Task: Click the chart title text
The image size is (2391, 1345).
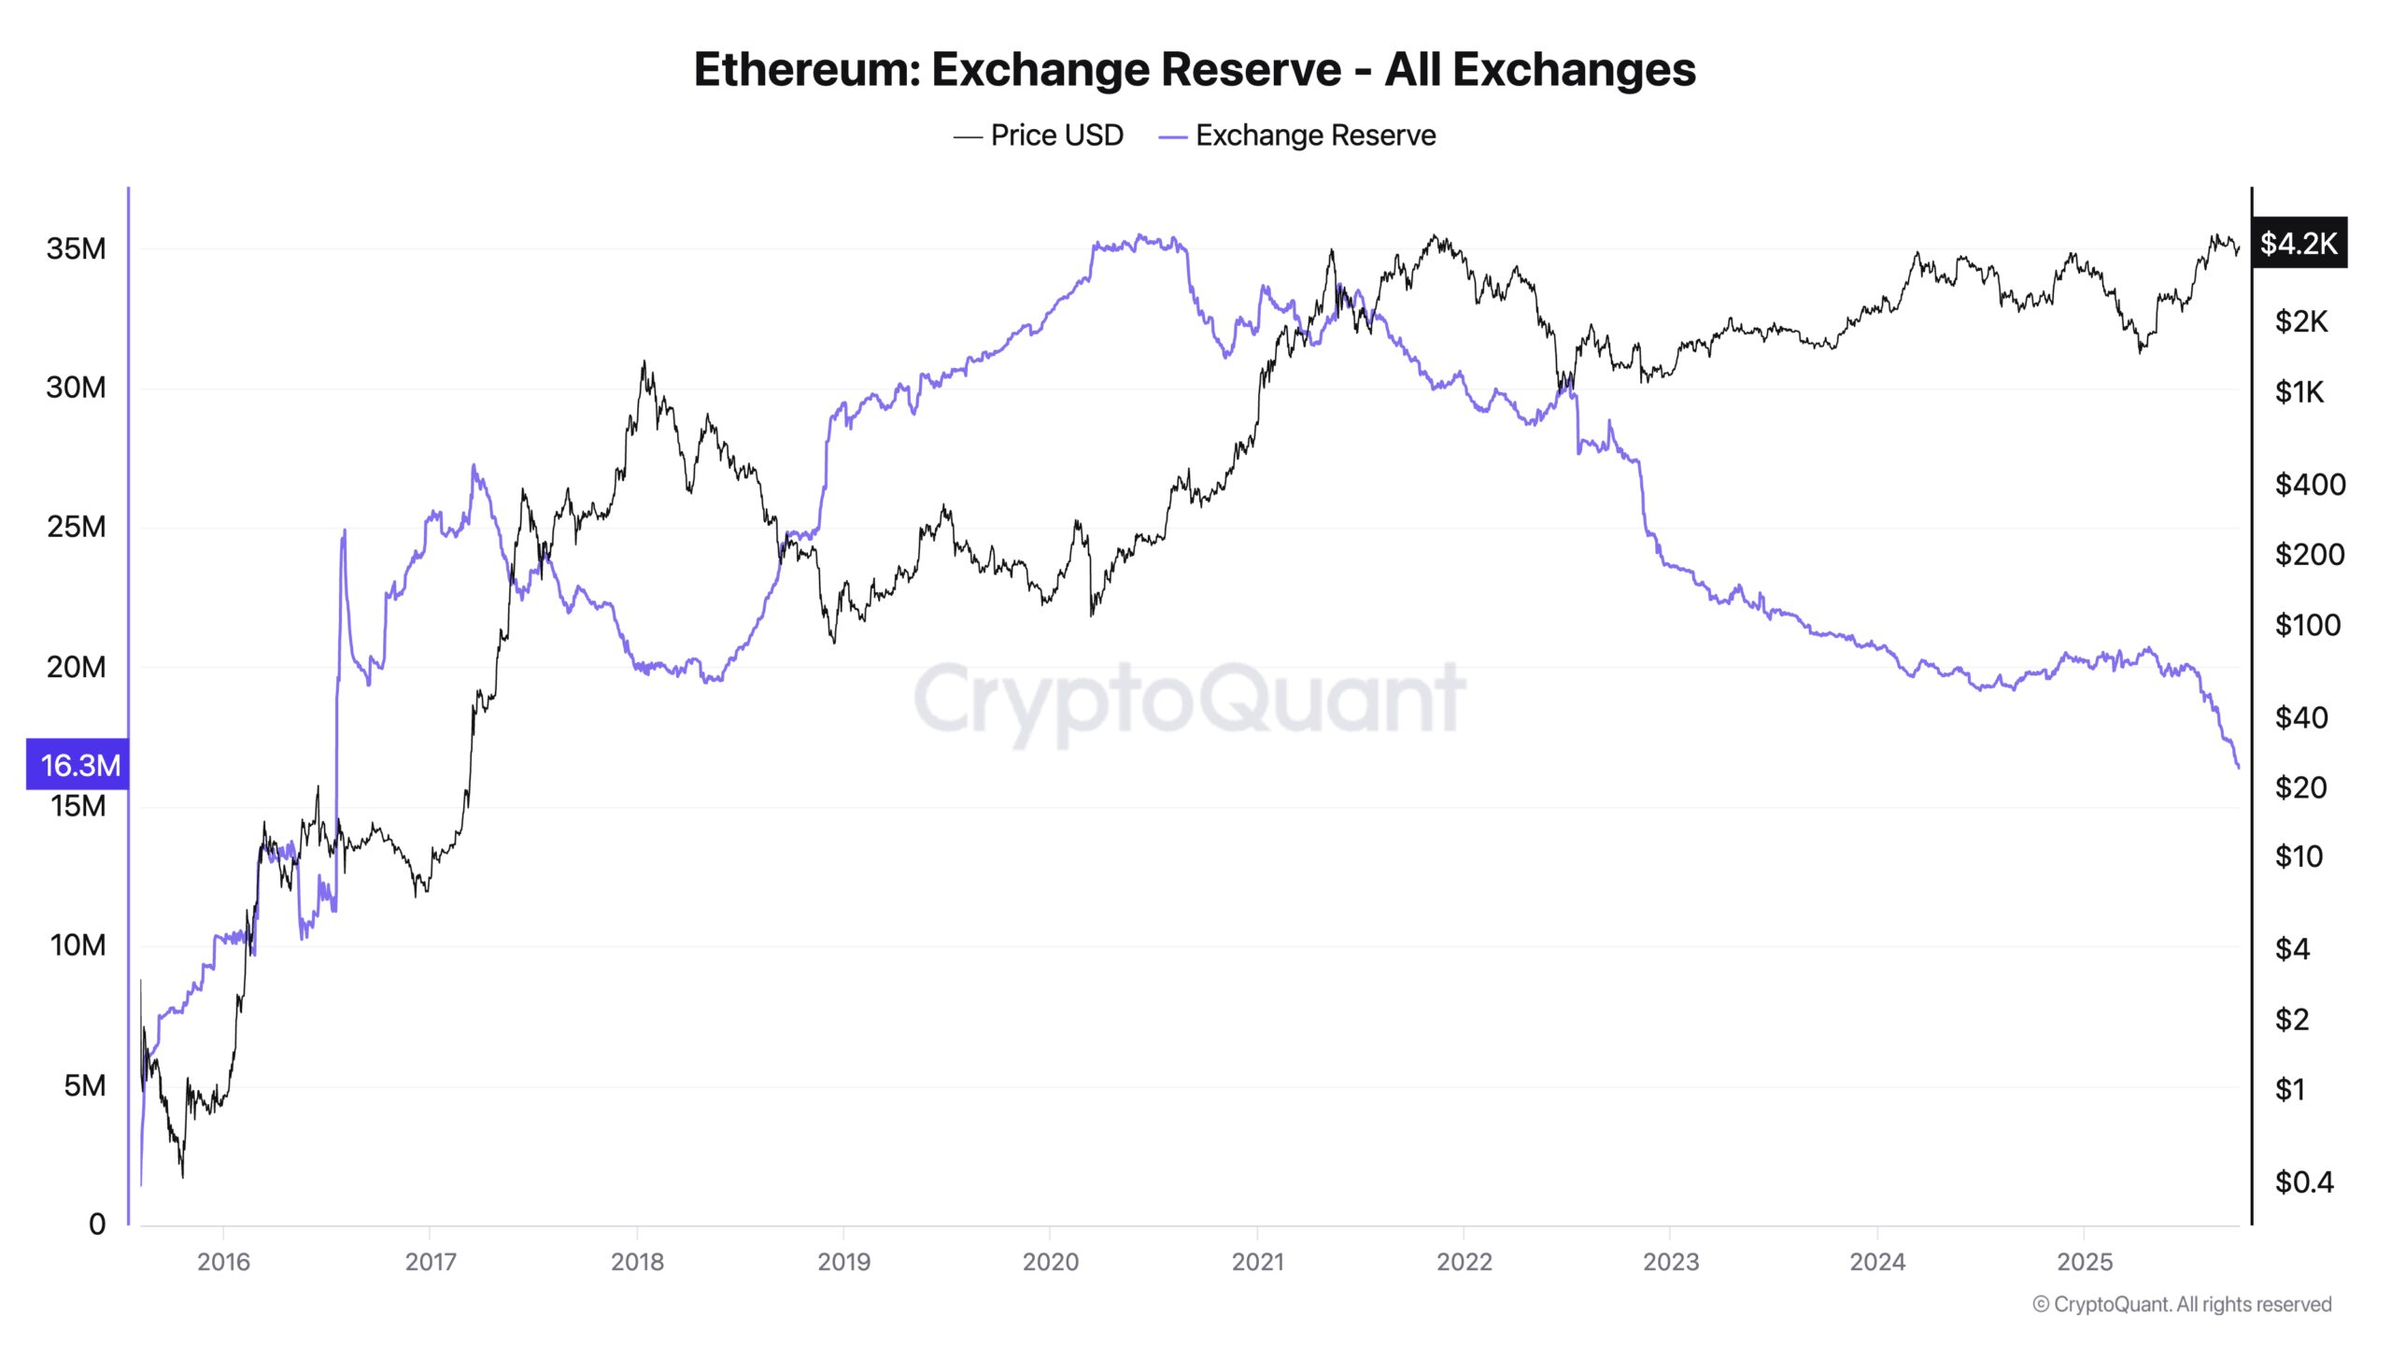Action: click(x=1195, y=69)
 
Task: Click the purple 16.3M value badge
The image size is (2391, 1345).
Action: click(x=78, y=765)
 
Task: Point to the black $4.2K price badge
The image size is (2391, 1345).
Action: click(x=2299, y=243)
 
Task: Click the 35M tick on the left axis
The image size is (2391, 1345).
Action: click(x=76, y=248)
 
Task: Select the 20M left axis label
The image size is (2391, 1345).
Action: click(x=76, y=667)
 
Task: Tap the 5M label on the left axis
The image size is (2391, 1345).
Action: click(x=84, y=1085)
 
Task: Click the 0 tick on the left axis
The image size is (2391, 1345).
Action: click(x=97, y=1224)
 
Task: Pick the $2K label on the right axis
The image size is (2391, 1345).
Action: click(x=2301, y=321)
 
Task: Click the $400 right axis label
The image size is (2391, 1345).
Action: click(x=2310, y=484)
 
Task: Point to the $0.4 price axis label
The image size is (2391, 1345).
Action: click(x=2304, y=1182)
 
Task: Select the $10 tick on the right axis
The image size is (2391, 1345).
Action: click(x=2299, y=857)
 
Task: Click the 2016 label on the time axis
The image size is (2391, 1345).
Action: click(x=223, y=1262)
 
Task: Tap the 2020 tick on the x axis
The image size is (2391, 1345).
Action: click(x=1050, y=1262)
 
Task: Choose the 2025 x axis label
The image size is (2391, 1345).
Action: click(x=2084, y=1262)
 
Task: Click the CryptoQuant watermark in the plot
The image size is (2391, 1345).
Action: click(x=1189, y=698)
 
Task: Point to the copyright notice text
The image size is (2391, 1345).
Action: click(x=2182, y=1304)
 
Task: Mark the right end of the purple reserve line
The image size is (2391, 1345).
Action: click(x=2239, y=768)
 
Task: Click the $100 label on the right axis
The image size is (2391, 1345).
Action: click(x=2307, y=625)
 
